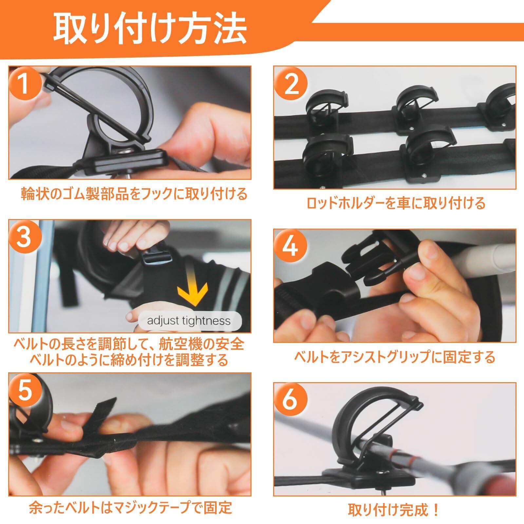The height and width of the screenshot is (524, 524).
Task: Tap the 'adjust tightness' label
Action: coord(189,320)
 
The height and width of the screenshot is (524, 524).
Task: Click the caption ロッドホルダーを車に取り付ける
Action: coord(395,204)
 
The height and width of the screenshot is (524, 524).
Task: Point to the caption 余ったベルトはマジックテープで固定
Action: coord(130,507)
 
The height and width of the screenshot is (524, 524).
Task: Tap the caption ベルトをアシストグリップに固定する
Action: coord(395,357)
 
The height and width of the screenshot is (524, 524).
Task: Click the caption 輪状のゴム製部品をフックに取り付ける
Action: coord(134,194)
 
